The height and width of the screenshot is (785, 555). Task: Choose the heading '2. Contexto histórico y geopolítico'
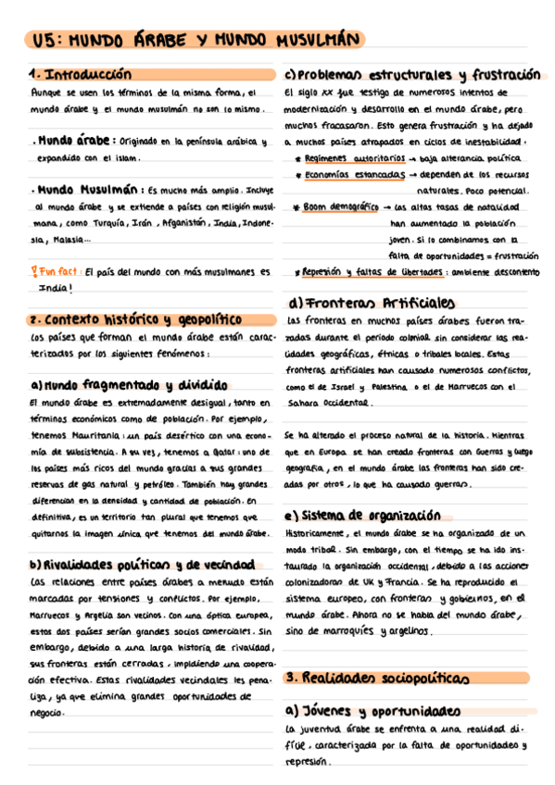(x=135, y=319)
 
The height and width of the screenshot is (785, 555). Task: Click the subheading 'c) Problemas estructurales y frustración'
(x=412, y=74)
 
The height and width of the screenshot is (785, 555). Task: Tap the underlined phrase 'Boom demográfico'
(x=341, y=207)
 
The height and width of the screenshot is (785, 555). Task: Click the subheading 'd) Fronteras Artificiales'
(x=372, y=303)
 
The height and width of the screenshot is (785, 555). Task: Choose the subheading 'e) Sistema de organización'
(x=362, y=516)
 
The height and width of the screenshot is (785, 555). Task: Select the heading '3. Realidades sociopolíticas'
(x=375, y=679)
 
